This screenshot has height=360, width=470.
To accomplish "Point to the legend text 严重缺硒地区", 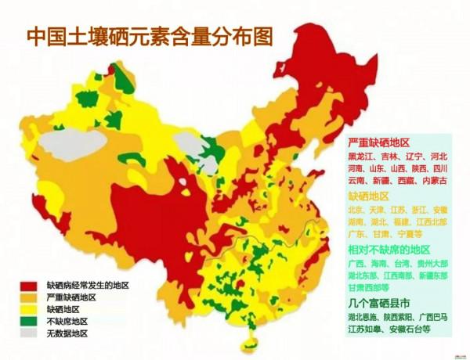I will [x=71, y=297].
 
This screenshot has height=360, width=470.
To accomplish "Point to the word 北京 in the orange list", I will [x=356, y=210].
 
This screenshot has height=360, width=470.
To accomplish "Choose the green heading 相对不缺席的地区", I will [x=389, y=249].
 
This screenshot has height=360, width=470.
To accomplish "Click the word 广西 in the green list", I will [x=356, y=264].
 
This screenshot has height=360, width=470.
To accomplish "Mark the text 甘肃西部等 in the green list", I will [x=369, y=287].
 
